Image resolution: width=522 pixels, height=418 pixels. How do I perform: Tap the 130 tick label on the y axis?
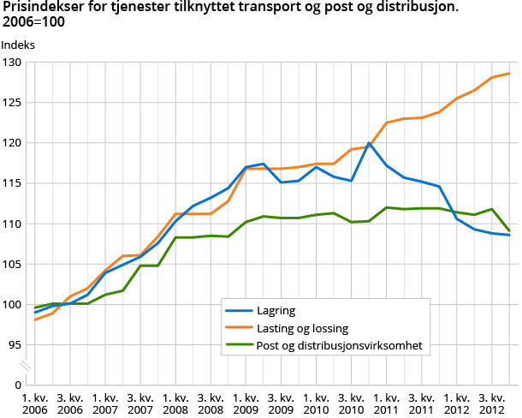click(x=13, y=63)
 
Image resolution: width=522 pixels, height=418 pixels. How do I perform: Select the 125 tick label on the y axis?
click(x=13, y=103)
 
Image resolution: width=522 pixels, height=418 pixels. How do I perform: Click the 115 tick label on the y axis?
click(x=13, y=183)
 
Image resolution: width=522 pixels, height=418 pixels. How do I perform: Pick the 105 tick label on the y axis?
click(x=13, y=264)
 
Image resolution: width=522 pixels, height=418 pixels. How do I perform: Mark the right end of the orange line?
click(x=510, y=73)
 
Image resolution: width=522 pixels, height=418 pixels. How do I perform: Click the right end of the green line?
click(x=510, y=231)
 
